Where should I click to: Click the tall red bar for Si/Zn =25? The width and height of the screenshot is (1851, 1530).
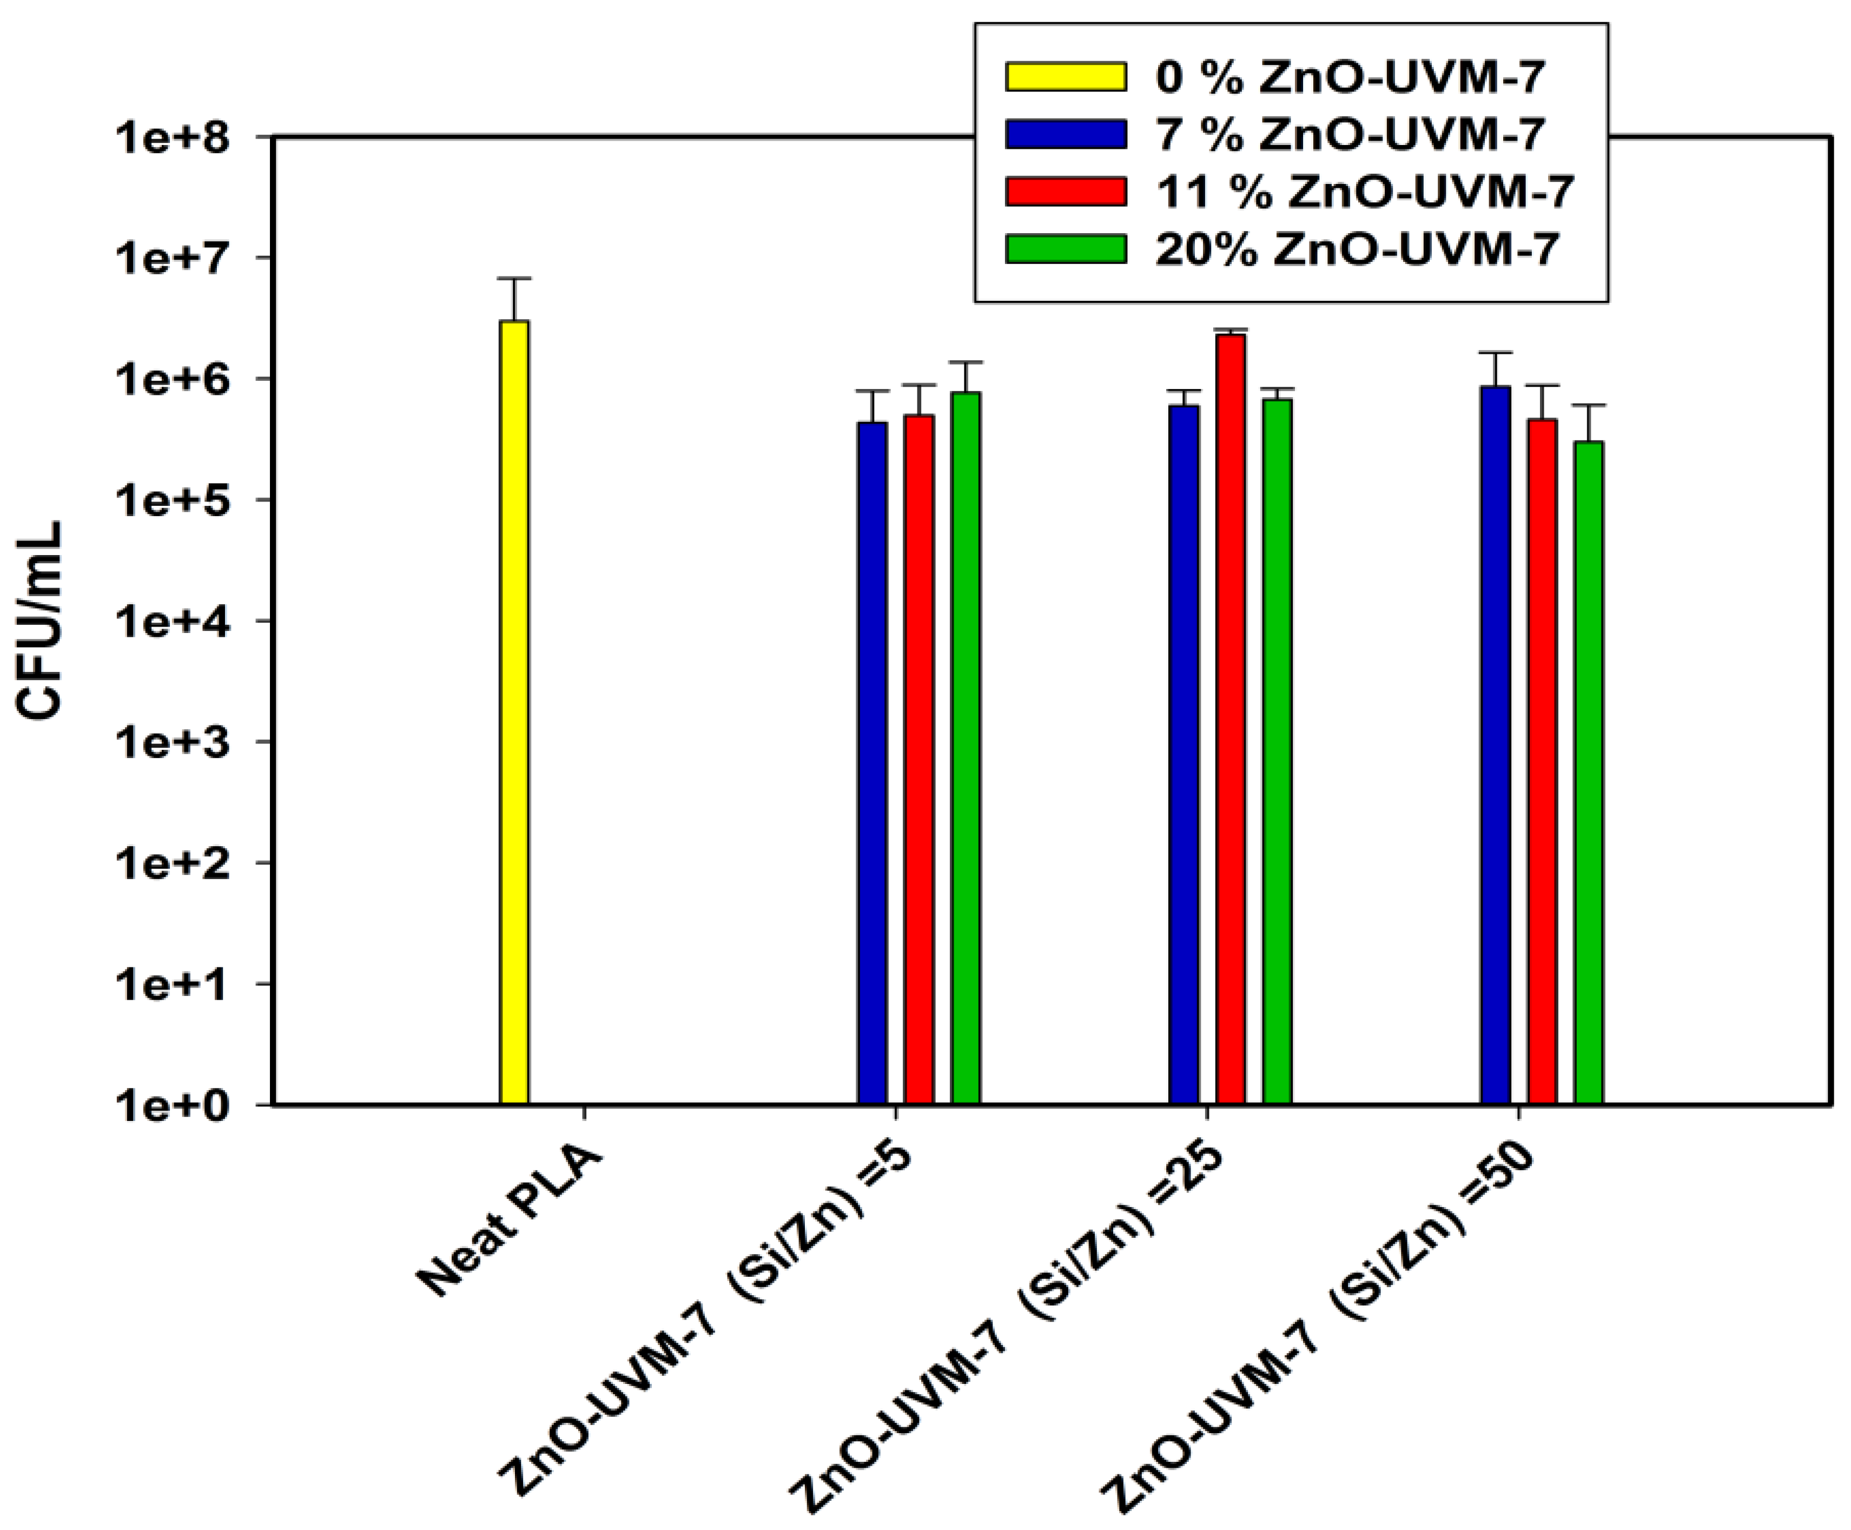click(1231, 718)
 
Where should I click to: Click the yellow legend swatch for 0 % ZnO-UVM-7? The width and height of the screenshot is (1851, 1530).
click(1065, 77)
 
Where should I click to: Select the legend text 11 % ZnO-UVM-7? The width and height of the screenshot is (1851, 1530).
click(1364, 192)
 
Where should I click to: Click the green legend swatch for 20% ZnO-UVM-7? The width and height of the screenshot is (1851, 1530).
click(1065, 249)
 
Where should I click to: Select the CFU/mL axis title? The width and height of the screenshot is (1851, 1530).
click(42, 621)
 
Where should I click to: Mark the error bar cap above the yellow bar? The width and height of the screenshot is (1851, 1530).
click(514, 279)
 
